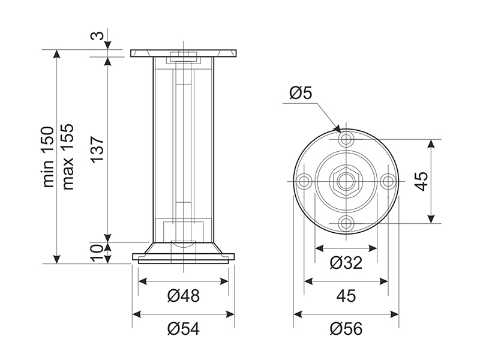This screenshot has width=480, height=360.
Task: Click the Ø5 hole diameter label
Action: tap(301, 94)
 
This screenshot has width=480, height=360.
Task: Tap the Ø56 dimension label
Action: tap(346, 328)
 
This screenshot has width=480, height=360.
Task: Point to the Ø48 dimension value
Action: tap(184, 295)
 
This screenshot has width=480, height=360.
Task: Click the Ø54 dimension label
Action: tap(184, 328)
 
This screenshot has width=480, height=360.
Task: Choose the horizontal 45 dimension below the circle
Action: tap(346, 295)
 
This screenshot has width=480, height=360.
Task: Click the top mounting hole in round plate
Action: tap(346, 140)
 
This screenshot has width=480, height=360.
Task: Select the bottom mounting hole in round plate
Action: tap(346, 223)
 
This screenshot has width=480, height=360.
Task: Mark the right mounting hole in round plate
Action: tap(388, 181)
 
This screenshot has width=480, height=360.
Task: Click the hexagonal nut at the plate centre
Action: tap(346, 181)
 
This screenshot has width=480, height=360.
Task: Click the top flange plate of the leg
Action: tap(184, 53)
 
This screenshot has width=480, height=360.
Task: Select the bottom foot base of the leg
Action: tap(184, 257)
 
